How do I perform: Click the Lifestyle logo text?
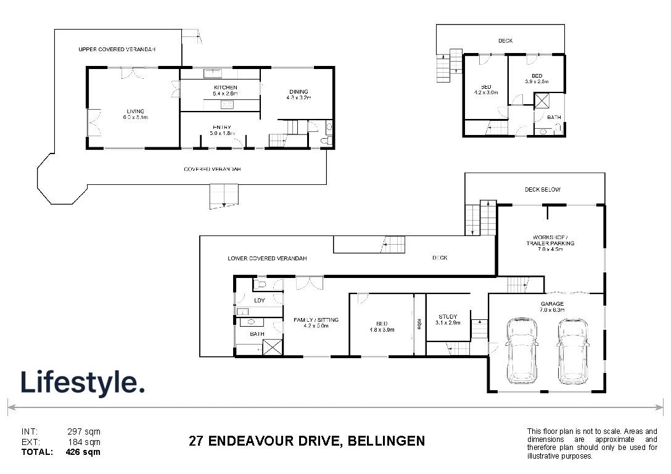pos(83,382)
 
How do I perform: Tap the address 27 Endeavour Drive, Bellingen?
pos(307,441)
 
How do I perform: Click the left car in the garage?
pos(521,350)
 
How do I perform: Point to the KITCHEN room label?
pos(225,88)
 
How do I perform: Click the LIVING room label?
pos(135,112)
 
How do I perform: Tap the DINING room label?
pos(298,92)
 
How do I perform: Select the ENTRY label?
pos(221,127)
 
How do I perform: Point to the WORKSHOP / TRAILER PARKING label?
pos(551,240)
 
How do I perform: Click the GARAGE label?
pos(552,304)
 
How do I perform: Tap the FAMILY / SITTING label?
pos(316,320)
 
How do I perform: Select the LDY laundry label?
pos(260,300)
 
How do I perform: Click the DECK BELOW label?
pos(542,190)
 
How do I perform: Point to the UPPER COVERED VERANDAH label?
pos(117,49)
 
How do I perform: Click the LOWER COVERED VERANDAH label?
pos(267,258)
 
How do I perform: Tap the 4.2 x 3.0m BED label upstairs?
pos(485,89)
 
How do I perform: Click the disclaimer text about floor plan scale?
pos(591,443)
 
